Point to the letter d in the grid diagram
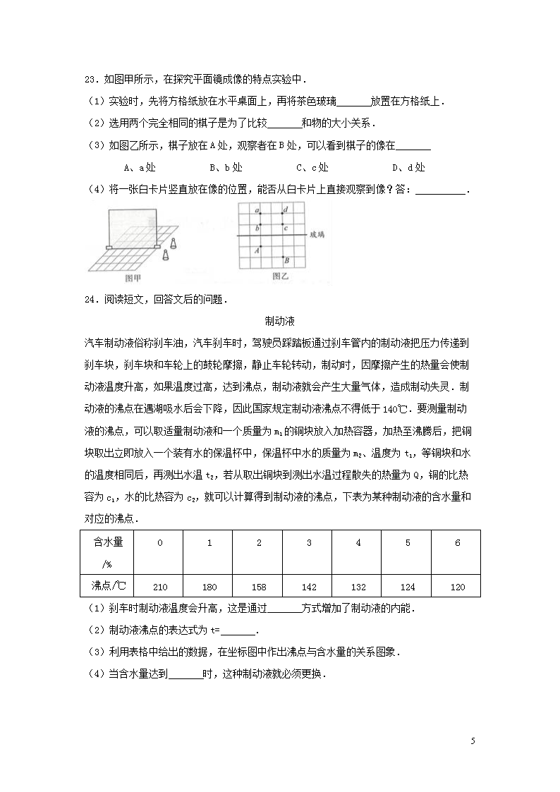pyautogui.click(x=285, y=210)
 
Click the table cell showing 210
pyautogui.click(x=159, y=586)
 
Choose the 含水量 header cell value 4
pyautogui.click(x=358, y=543)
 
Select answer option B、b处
pyautogui.click(x=226, y=167)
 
